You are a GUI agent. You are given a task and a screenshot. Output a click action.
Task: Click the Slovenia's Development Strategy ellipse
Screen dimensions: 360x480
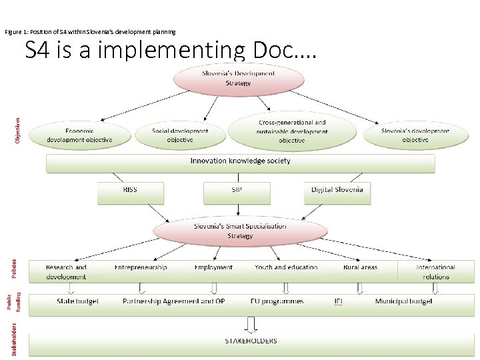(x=238, y=79)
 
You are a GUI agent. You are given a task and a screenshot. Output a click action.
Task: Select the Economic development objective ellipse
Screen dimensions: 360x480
(x=79, y=135)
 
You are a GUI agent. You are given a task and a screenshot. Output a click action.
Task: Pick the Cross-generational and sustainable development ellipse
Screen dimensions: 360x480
(x=292, y=131)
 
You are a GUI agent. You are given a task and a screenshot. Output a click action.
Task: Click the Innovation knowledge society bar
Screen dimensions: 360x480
(x=240, y=161)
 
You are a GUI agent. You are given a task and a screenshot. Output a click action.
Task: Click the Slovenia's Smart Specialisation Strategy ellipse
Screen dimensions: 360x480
(x=240, y=231)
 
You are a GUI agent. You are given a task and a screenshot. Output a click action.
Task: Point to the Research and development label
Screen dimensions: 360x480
(x=66, y=271)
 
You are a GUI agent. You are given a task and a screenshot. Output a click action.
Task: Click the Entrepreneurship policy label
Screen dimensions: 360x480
(x=141, y=267)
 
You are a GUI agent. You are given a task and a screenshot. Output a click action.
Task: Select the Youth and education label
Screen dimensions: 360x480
(x=286, y=267)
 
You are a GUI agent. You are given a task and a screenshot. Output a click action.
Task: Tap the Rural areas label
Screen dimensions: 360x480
(x=360, y=267)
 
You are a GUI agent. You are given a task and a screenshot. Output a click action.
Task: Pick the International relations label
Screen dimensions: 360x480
(x=435, y=271)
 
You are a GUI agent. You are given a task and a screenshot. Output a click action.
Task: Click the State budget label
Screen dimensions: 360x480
(x=77, y=301)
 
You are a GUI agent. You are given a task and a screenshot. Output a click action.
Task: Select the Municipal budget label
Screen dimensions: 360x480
(x=403, y=301)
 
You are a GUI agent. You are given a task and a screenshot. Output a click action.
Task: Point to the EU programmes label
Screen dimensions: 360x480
(x=277, y=301)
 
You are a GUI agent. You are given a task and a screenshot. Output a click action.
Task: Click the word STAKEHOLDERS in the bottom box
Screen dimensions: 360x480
(x=251, y=341)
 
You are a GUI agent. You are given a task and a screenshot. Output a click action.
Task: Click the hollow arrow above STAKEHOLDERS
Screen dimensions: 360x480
(x=251, y=325)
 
